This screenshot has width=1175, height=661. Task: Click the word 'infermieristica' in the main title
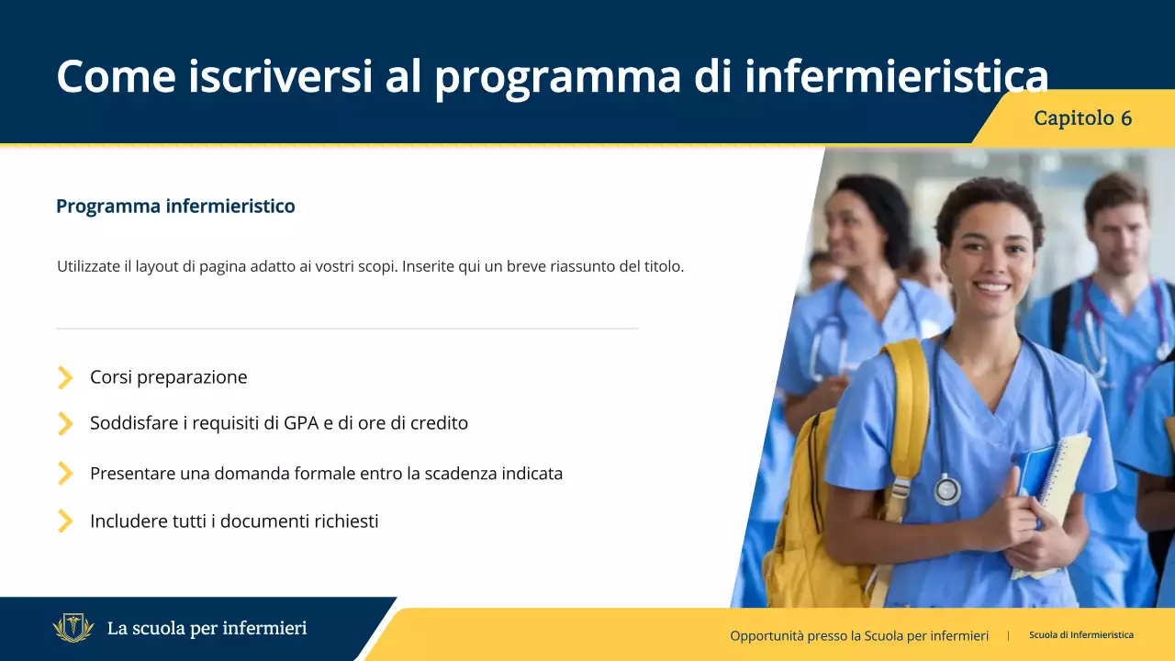coord(896,76)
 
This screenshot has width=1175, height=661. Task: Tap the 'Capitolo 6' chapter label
coord(1082,118)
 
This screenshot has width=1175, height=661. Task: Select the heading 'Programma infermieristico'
coord(175,206)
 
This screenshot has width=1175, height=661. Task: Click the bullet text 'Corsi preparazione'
coord(168,377)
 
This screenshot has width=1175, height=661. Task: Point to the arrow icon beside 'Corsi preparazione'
coord(65,377)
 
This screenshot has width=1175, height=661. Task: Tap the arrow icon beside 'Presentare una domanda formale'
coord(65,474)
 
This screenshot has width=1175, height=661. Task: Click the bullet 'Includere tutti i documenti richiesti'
coord(234,521)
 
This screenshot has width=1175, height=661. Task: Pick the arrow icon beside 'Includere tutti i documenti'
coord(65,521)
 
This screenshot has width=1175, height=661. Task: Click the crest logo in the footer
coord(73,629)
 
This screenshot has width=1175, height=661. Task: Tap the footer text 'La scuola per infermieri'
coord(207,629)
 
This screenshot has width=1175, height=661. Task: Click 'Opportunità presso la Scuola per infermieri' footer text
coord(859,635)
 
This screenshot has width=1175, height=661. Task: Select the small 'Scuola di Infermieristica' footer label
coord(1080,635)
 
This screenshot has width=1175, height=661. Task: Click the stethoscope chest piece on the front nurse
coord(946,490)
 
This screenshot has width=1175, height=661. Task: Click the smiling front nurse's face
coord(990,252)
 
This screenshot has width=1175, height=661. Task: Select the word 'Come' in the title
coord(116,76)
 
